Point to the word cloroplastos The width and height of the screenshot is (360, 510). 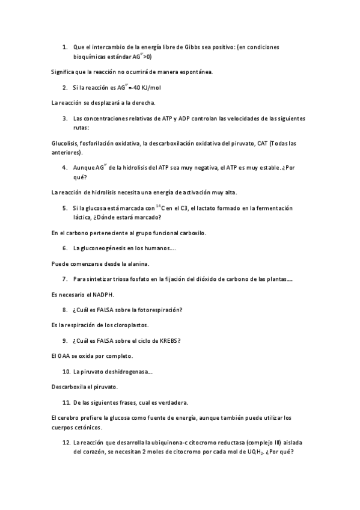pyautogui.click(x=130, y=325)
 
